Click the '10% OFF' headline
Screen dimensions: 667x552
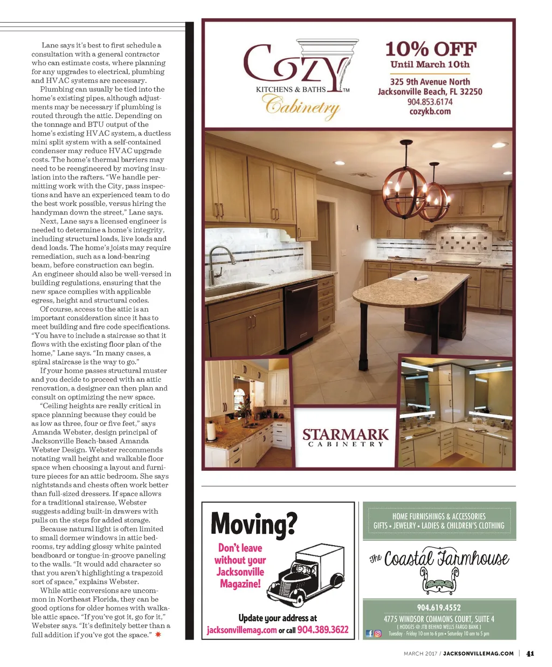click(x=431, y=50)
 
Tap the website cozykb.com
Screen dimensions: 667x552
click(x=430, y=112)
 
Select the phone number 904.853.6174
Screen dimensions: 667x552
click(x=430, y=102)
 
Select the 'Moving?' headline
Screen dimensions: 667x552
click(x=253, y=522)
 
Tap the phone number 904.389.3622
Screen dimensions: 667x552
click(x=323, y=630)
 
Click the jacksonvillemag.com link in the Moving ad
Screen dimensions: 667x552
click(x=241, y=630)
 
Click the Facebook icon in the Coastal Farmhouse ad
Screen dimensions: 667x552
click(x=369, y=634)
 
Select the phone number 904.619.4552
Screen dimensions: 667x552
click(x=439, y=608)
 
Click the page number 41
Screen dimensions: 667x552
click(x=530, y=654)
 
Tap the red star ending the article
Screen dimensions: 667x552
click(x=158, y=635)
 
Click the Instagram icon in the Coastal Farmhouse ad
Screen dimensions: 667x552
click(x=378, y=634)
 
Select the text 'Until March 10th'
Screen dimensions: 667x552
click(x=430, y=65)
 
